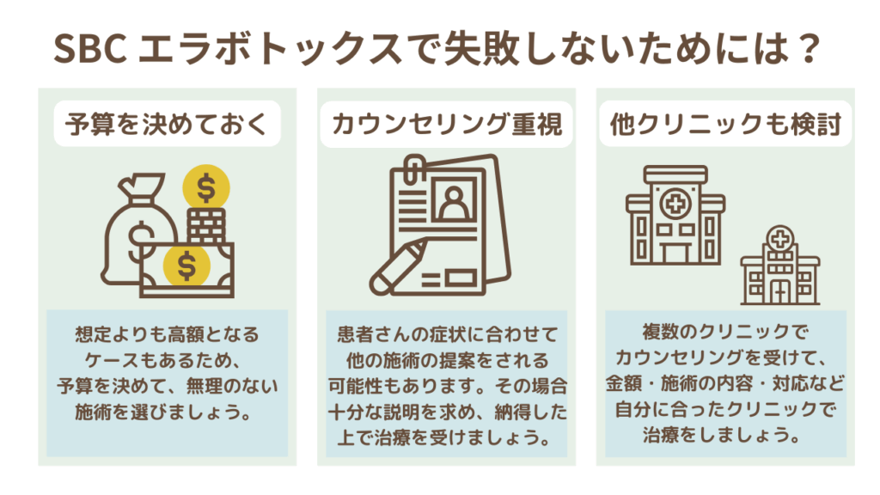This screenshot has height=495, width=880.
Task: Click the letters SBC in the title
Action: [89, 48]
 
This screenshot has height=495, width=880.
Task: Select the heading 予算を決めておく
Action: [167, 124]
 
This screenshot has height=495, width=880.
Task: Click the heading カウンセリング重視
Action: [447, 124]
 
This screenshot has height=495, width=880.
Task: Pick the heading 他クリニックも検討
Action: [725, 124]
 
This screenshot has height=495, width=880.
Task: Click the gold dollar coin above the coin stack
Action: [206, 188]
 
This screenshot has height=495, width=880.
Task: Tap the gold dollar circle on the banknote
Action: [186, 266]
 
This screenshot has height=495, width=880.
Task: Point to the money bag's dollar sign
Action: [140, 241]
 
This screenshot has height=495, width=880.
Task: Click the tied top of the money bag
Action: [140, 188]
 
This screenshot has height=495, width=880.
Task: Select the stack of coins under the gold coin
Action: [206, 226]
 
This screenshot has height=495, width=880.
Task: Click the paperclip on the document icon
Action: [414, 168]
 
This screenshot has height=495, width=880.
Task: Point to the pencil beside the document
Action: [399, 266]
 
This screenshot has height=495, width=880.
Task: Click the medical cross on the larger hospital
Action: [675, 203]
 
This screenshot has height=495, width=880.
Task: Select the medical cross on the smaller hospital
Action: [779, 239]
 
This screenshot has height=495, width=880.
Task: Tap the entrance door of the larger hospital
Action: [675, 253]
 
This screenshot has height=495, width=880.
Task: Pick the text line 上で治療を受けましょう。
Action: [446, 437]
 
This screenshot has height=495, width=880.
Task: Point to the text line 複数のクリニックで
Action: [725, 332]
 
